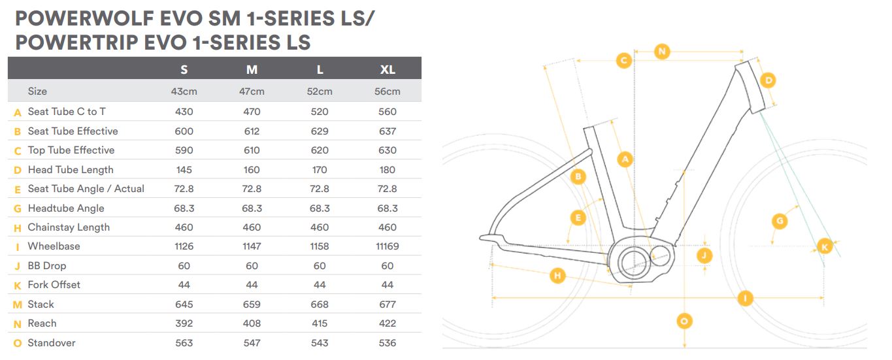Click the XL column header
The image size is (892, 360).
point(388,70)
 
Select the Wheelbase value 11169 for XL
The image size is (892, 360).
point(387,246)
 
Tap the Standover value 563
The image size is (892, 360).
point(184,343)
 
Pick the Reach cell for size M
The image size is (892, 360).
point(252,323)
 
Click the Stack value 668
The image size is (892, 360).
point(320,304)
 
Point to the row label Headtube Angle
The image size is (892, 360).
point(66,208)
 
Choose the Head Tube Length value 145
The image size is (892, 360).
point(184,170)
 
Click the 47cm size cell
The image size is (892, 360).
point(252,91)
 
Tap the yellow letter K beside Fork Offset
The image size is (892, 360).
point(18,286)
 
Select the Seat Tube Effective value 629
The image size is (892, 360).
point(320,131)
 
